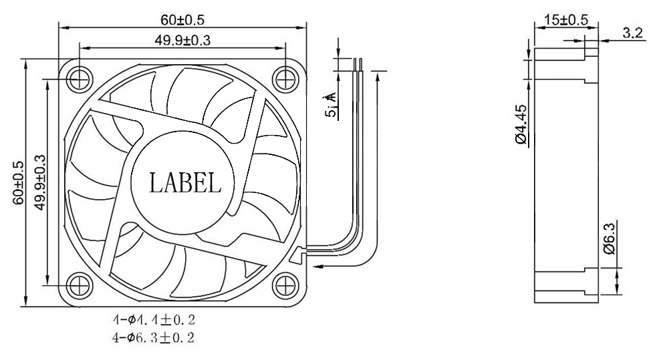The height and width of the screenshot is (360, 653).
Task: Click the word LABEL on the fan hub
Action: pos(184,182)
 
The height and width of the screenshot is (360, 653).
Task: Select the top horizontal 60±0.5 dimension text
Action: pos(182,19)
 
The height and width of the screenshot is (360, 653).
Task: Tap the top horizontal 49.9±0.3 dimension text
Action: pos(182,41)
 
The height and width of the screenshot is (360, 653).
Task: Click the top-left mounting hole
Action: pos(80,77)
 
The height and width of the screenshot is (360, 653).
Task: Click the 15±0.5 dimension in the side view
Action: pos(566,19)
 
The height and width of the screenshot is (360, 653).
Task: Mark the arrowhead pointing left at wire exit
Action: pos(318,266)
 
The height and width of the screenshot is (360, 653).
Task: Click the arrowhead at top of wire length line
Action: pos(378,80)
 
